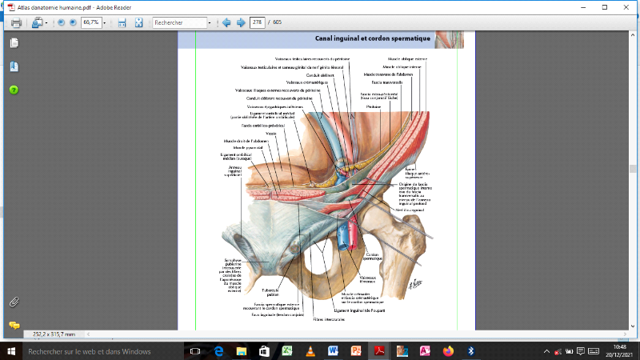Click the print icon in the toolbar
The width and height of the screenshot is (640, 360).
pos(16,22)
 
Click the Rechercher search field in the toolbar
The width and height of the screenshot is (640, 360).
pos(179,22)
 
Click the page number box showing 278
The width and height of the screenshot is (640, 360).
pos(258,22)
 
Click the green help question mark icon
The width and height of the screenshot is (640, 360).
pos(14,90)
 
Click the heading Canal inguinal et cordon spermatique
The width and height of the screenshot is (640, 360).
pos(373,38)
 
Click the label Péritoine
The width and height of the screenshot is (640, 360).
pos(374,106)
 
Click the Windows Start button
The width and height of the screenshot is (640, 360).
pos(10,350)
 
